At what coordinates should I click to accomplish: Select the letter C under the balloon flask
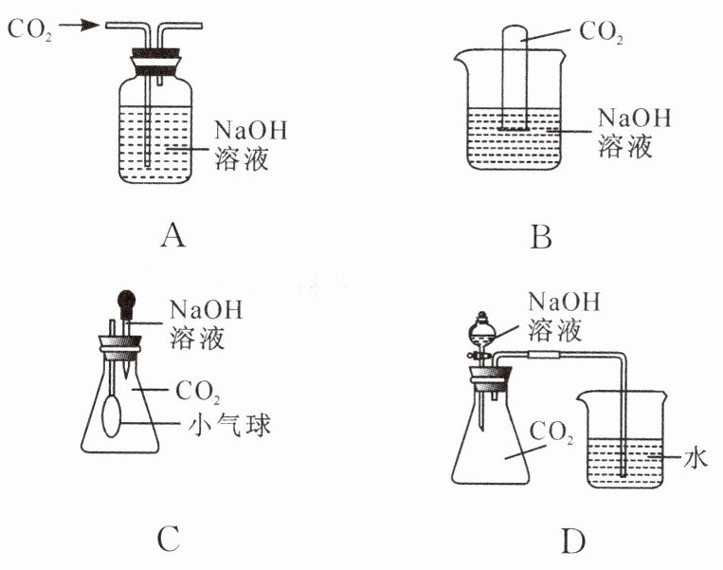pyautogui.click(x=167, y=539)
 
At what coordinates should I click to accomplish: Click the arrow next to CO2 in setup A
pyautogui.click(x=84, y=27)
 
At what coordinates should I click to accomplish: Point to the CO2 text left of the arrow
pyautogui.click(x=29, y=28)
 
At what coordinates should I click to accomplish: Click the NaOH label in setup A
pyautogui.click(x=249, y=129)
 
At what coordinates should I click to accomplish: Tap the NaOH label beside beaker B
pyautogui.click(x=633, y=120)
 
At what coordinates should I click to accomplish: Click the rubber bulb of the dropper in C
pyautogui.click(x=124, y=303)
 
